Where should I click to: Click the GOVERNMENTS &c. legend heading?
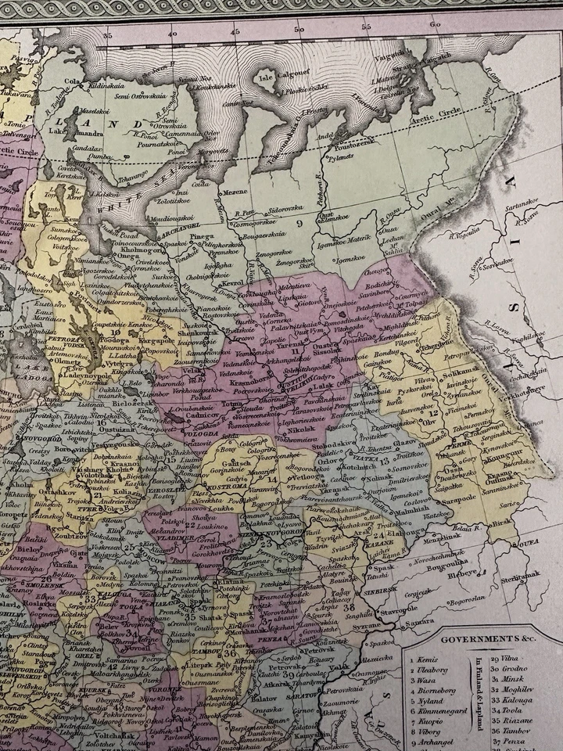[479, 639]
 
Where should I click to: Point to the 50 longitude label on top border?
[299, 29]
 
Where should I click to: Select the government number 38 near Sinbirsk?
[349, 606]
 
